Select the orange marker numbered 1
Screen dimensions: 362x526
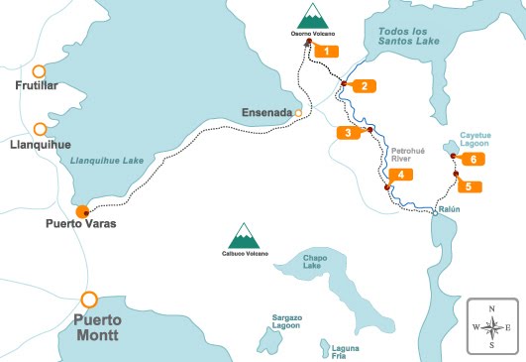(x=325, y=50)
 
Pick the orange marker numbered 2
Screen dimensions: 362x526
(x=364, y=85)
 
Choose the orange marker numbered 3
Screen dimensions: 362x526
(x=349, y=132)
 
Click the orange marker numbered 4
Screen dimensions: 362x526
(x=399, y=175)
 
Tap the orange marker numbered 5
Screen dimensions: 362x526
(x=469, y=185)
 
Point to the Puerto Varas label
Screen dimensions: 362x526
(x=80, y=224)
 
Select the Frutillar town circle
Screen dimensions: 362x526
(x=39, y=71)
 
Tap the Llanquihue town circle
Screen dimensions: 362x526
(x=40, y=129)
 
